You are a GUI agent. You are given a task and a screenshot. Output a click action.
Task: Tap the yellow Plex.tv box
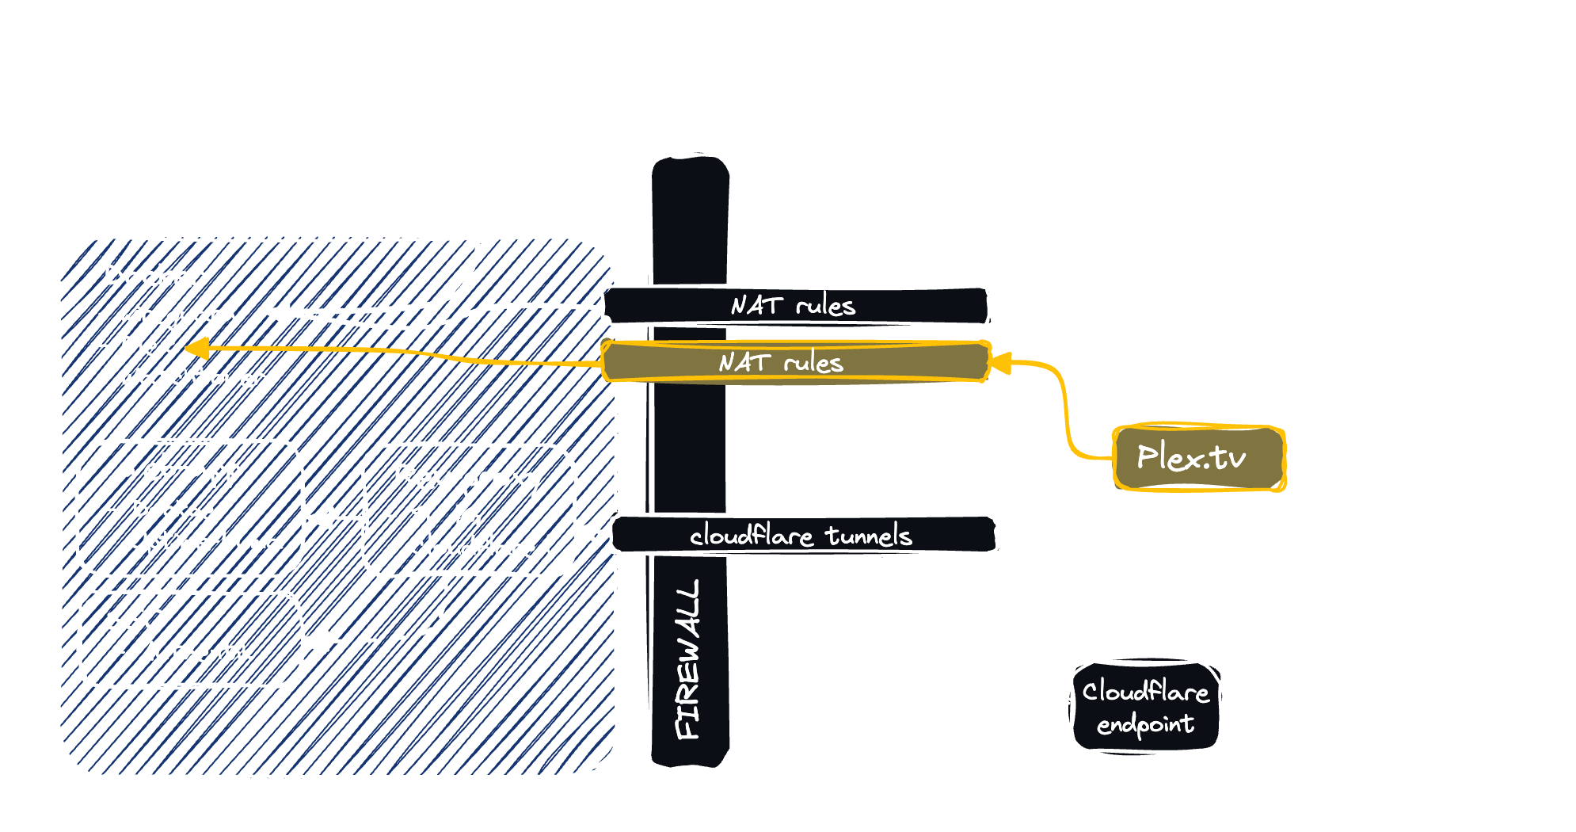(1198, 458)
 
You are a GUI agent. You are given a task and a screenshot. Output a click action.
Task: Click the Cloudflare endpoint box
(1146, 707)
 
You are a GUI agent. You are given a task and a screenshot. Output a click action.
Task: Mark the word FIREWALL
(687, 659)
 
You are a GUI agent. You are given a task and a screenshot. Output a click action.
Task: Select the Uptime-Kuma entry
(204, 542)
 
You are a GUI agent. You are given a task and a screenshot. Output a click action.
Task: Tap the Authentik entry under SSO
(196, 652)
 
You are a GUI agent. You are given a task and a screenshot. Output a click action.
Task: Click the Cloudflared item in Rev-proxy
(479, 547)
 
